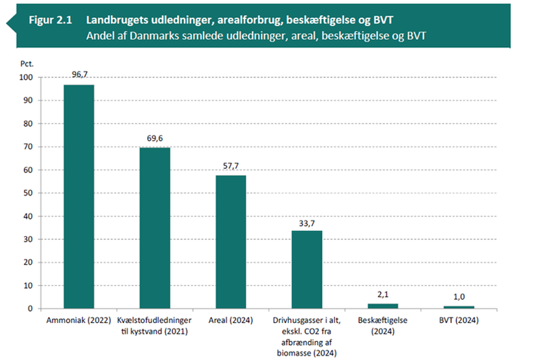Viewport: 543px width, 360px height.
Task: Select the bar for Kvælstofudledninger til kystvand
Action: click(155, 228)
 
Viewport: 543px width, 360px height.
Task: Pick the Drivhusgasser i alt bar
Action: click(307, 269)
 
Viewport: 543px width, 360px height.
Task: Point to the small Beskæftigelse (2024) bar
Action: click(382, 306)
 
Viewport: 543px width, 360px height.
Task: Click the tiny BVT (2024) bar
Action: click(459, 307)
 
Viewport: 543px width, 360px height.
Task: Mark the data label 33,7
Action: click(307, 223)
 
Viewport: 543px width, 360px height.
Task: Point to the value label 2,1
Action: click(382, 296)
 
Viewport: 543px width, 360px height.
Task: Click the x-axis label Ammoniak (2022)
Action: click(78, 321)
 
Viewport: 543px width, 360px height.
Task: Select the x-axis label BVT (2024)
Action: click(459, 321)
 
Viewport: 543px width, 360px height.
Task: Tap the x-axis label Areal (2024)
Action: click(231, 321)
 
